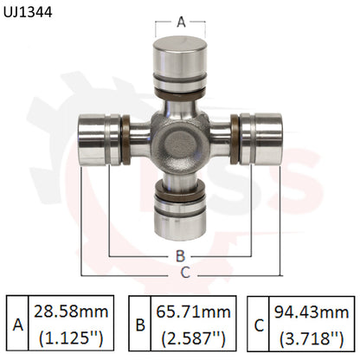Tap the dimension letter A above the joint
181,22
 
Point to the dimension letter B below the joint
180,256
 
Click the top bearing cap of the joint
181,57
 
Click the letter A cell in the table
17,324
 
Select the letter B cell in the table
138,324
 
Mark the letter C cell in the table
258,324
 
